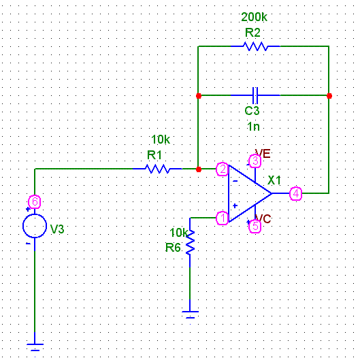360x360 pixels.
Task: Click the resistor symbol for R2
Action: pyautogui.click(x=255, y=46)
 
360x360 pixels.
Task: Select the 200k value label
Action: pyautogui.click(x=254, y=17)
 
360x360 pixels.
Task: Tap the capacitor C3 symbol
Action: pyautogui.click(x=255, y=95)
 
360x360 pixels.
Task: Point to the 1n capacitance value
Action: pyautogui.click(x=253, y=127)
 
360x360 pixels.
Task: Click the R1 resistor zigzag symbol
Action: pyautogui.click(x=157, y=169)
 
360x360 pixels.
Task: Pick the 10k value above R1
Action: pyautogui.click(x=161, y=140)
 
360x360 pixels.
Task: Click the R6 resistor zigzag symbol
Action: pyautogui.click(x=190, y=242)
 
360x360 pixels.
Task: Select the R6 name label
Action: pyautogui.click(x=173, y=248)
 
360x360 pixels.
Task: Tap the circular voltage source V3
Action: pyautogui.click(x=35, y=226)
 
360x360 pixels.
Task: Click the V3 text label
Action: pyautogui.click(x=57, y=229)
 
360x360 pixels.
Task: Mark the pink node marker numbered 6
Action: pyautogui.click(x=35, y=202)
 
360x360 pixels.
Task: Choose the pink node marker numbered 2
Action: pyautogui.click(x=223, y=169)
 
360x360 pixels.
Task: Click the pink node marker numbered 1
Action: pyautogui.click(x=223, y=218)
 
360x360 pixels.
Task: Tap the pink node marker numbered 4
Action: pyautogui.click(x=296, y=193)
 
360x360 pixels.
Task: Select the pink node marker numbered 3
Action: pyautogui.click(x=255, y=161)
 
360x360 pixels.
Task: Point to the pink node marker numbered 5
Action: pyautogui.click(x=255, y=226)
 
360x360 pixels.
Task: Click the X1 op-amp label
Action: pyautogui.click(x=274, y=180)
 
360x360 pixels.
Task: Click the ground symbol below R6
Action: pyautogui.click(x=190, y=314)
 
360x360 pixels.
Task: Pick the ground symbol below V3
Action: pyautogui.click(x=35, y=347)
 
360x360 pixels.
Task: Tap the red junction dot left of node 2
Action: pyautogui.click(x=199, y=169)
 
